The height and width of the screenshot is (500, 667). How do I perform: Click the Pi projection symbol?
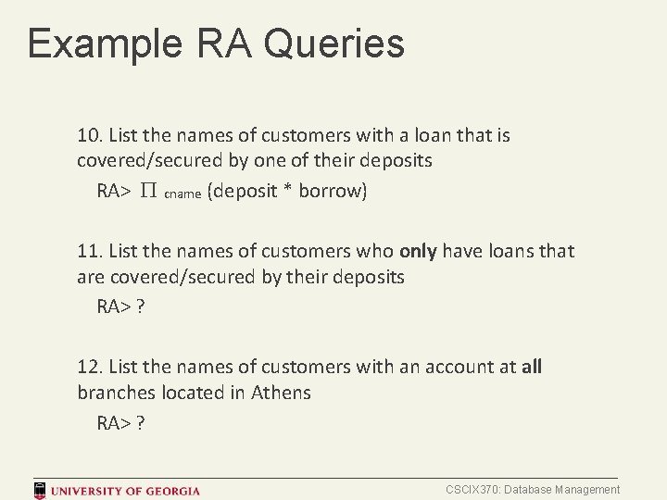click(x=149, y=193)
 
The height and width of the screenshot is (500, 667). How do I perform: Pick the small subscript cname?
click(x=182, y=194)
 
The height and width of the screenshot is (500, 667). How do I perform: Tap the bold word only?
click(x=419, y=251)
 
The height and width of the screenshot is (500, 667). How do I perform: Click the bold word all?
click(x=532, y=367)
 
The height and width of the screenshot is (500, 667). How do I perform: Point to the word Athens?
click(x=281, y=393)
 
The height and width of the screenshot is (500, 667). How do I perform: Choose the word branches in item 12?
click(x=116, y=393)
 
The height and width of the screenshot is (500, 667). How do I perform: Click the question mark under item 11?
click(x=140, y=306)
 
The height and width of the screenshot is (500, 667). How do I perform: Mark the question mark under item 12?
click(x=140, y=423)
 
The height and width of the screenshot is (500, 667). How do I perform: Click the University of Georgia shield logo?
click(x=41, y=490)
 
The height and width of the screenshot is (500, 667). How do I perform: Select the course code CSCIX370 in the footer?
click(x=474, y=490)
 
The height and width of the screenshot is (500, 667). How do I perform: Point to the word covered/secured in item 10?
click(x=150, y=161)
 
